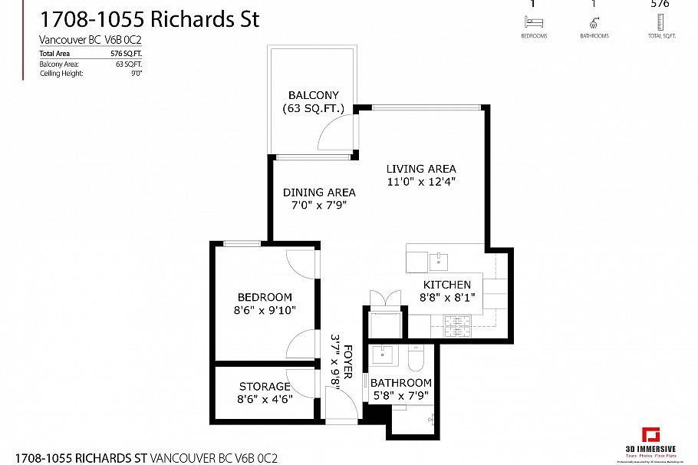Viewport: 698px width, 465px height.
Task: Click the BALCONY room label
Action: point(314,95)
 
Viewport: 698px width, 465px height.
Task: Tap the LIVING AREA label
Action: point(421,169)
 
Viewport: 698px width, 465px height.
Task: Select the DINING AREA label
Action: point(319,193)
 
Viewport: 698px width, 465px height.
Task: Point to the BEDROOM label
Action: point(265,297)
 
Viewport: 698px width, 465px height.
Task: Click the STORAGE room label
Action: point(265,387)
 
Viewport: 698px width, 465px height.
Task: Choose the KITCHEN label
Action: point(447,285)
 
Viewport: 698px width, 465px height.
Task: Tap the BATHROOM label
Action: point(401,382)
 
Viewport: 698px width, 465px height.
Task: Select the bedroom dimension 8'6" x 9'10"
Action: point(265,310)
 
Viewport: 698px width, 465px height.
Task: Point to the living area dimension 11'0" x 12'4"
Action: point(421,182)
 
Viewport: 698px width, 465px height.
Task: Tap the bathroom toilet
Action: point(415,359)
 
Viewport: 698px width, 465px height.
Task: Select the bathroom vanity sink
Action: point(381,356)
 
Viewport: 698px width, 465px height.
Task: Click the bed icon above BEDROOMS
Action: point(534,22)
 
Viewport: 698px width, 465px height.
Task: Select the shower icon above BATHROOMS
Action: point(594,22)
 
